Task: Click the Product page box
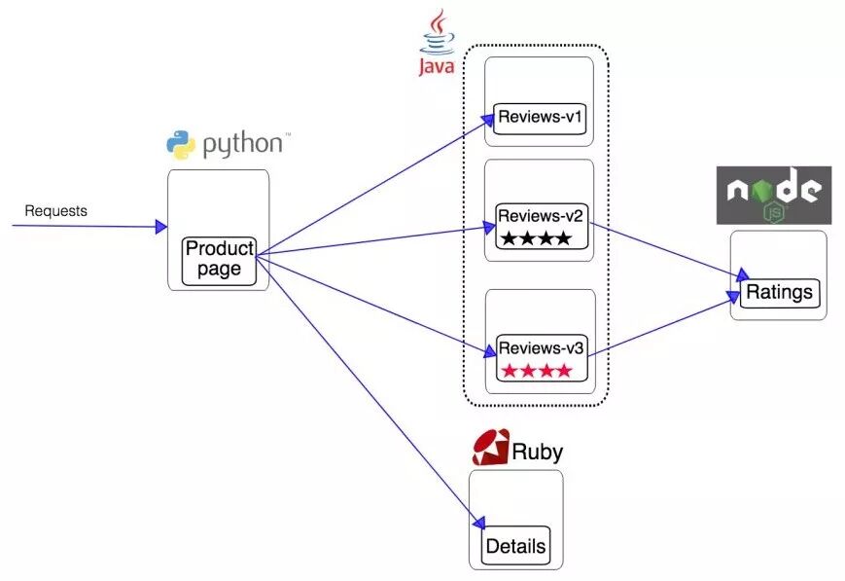[x=220, y=260]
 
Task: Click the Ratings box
[x=780, y=292]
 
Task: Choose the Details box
[x=515, y=546]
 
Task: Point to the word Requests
[x=55, y=210]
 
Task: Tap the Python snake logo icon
[x=182, y=145]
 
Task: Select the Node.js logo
[x=773, y=196]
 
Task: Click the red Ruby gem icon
[x=490, y=447]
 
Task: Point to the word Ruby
[x=538, y=452]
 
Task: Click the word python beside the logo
[x=242, y=145]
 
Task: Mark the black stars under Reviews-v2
[x=536, y=237]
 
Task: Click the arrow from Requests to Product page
[x=88, y=227]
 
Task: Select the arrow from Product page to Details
[x=370, y=389]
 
